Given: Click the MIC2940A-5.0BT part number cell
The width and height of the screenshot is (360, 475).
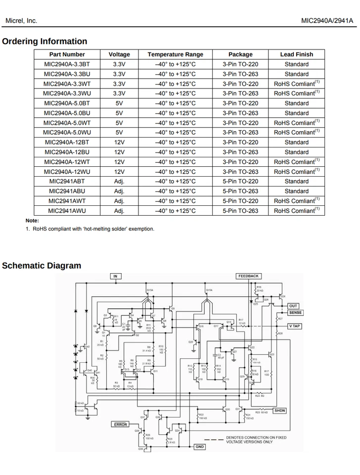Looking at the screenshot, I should click(x=67, y=103).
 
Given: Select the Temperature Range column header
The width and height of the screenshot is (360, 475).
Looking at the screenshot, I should click(x=175, y=54).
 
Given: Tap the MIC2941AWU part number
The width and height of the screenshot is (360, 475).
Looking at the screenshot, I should click(x=67, y=211).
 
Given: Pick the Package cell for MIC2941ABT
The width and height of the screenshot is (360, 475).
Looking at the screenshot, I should click(x=240, y=182).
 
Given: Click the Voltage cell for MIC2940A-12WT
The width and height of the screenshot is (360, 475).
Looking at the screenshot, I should click(x=119, y=162).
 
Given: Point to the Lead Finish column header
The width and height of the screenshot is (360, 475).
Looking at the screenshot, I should click(x=296, y=54).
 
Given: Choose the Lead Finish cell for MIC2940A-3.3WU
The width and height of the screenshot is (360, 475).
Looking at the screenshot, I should click(x=296, y=94).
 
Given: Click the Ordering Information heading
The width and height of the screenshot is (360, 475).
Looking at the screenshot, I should click(x=45, y=42).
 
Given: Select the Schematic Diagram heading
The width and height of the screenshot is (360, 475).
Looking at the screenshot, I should click(x=42, y=266).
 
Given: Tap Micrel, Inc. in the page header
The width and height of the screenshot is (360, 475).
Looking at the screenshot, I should click(x=21, y=21).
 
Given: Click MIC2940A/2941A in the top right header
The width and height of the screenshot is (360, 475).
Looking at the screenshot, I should click(x=327, y=21).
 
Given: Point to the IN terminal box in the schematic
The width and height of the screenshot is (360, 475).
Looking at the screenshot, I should click(x=115, y=276).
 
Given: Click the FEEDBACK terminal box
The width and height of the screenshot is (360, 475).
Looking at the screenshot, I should click(x=248, y=276).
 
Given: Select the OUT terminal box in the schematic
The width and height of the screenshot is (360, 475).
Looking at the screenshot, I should click(x=294, y=306).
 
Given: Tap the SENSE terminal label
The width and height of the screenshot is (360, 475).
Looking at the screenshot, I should click(x=295, y=313).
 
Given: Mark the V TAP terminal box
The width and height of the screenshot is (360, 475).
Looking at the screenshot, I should click(x=295, y=327).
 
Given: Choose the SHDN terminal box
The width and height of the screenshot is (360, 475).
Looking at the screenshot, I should click(x=280, y=411).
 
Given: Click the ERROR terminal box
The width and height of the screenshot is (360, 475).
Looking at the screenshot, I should click(x=121, y=425).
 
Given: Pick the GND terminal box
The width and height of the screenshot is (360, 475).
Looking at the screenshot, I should click(x=199, y=447).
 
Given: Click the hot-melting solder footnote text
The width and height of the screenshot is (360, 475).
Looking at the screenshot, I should click(x=93, y=229).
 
